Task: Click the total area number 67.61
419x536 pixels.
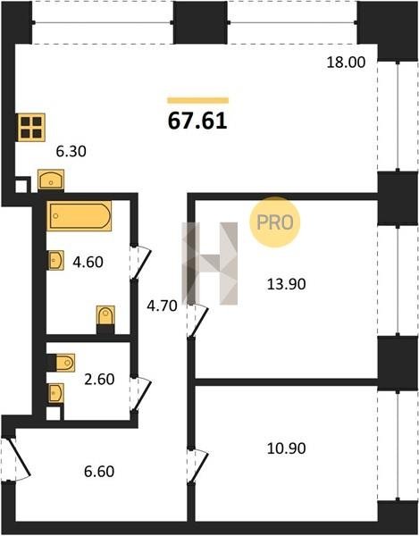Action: pyautogui.click(x=197, y=121)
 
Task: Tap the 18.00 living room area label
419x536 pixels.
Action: pyautogui.click(x=346, y=63)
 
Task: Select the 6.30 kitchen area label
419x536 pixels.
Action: pyautogui.click(x=71, y=151)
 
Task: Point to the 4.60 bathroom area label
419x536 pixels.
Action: pyautogui.click(x=88, y=262)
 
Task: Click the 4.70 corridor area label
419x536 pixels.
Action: pyautogui.click(x=162, y=306)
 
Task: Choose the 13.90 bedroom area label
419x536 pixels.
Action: pyautogui.click(x=286, y=284)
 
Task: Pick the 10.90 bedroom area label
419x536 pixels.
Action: pyautogui.click(x=286, y=448)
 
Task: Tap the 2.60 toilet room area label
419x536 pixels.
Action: pyautogui.click(x=99, y=380)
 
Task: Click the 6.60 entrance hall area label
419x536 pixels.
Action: pyautogui.click(x=99, y=472)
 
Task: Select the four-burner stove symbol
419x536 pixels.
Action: pyautogui.click(x=31, y=127)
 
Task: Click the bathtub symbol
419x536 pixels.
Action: pyautogui.click(x=79, y=216)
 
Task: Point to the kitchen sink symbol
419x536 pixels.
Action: pyautogui.click(x=51, y=180)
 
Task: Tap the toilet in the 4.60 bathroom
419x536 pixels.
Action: pyautogui.click(x=105, y=318)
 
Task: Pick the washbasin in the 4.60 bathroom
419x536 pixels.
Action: pyautogui.click(x=55, y=260)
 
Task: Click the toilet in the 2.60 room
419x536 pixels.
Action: pyautogui.click(x=62, y=363)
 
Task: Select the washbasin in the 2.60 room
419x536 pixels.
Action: pyautogui.click(x=55, y=393)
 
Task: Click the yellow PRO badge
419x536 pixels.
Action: pyautogui.click(x=275, y=222)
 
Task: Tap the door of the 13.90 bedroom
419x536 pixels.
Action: pyautogui.click(x=198, y=322)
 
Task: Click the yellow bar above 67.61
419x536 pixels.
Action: pyautogui.click(x=197, y=100)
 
